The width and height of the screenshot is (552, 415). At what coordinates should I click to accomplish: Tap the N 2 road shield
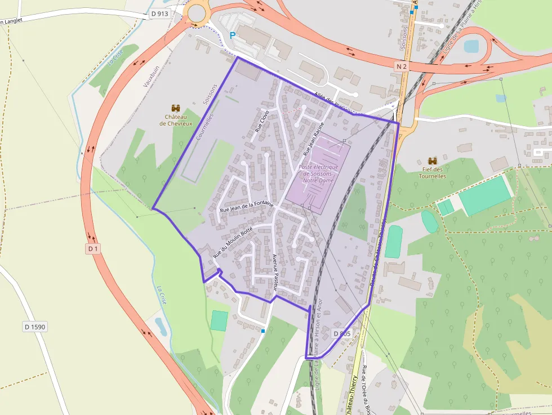[x=401, y=66]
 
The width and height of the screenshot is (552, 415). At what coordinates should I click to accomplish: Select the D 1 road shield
[x=93, y=248]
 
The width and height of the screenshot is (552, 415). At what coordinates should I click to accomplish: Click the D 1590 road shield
[x=35, y=326]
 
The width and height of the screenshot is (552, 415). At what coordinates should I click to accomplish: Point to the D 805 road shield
[x=342, y=333]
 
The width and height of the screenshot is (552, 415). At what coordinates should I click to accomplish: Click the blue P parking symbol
[x=233, y=35]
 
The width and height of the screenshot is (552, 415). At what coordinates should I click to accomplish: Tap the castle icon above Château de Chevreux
[x=175, y=108]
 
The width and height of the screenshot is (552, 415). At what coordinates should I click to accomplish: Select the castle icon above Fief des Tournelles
[x=433, y=160]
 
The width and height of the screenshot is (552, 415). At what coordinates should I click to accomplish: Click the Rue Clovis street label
[x=262, y=121]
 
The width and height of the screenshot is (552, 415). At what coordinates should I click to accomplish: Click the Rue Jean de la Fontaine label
[x=247, y=207]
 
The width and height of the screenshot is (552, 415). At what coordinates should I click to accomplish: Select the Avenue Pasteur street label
[x=275, y=272]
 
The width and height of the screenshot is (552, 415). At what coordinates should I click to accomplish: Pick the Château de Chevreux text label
[x=175, y=119]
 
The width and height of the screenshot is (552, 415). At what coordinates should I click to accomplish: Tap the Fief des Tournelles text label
[x=433, y=172]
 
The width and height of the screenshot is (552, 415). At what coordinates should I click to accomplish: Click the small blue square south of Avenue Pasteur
[x=263, y=331]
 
